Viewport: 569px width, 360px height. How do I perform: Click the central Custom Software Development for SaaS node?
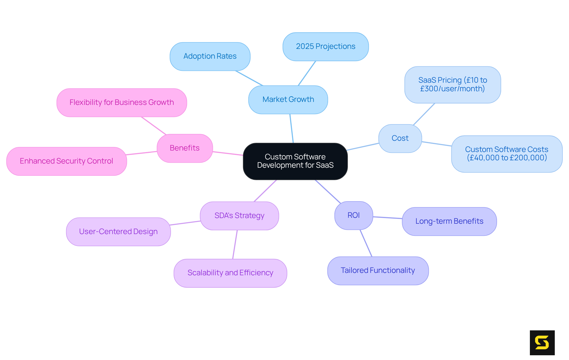(295, 161)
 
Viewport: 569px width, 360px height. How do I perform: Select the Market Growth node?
(288, 100)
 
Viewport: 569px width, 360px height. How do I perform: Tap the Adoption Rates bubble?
(210, 56)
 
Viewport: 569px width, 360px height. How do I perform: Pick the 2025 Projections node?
(325, 47)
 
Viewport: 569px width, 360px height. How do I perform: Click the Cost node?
(400, 138)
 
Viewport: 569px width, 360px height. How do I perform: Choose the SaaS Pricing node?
(453, 84)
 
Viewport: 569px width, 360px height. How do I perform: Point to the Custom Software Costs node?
(506, 154)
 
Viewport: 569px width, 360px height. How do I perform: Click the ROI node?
(353, 215)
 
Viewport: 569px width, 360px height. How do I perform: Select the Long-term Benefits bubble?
(449, 221)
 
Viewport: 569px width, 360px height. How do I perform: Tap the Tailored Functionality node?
(378, 271)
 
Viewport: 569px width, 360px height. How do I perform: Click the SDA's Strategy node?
(239, 216)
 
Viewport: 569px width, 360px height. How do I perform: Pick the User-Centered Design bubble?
(118, 232)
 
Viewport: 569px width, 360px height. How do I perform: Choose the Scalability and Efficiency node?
(230, 273)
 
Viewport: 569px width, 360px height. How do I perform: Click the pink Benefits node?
(184, 148)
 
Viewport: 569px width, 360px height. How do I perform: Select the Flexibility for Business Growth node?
(122, 103)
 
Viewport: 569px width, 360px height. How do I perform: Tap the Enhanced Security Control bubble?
(66, 161)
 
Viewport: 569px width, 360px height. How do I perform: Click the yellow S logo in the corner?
(542, 343)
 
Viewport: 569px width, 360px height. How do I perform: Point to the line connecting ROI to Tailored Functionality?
(366, 243)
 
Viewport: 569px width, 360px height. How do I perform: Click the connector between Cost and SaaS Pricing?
(424, 114)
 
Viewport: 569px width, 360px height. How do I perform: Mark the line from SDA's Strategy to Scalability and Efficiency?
(235, 244)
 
